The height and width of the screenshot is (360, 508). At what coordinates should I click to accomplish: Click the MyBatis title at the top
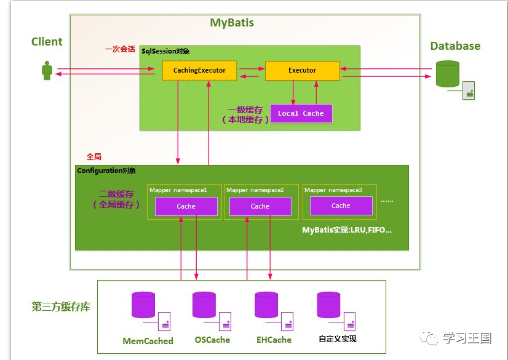tap(232, 23)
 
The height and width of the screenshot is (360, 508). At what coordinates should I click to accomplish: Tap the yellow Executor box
tap(302, 71)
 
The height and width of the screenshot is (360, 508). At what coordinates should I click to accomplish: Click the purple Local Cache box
tap(301, 113)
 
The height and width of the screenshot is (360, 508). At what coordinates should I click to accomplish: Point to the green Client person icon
tap(47, 70)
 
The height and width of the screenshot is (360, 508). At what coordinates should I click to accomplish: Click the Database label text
tap(455, 46)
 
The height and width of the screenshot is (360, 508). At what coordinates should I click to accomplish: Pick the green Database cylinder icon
tap(448, 74)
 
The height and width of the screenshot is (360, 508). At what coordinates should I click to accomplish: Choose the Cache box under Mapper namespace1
tap(186, 207)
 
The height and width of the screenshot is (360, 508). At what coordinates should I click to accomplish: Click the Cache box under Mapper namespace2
tap(260, 207)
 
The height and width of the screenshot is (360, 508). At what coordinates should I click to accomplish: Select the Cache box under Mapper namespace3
tap(341, 206)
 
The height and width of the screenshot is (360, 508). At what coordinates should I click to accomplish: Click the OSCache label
tap(212, 340)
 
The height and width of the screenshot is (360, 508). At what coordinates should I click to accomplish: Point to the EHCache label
tap(274, 340)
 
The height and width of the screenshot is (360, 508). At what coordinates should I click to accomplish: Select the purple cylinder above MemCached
tap(143, 305)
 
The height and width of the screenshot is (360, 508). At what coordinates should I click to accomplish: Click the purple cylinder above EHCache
tap(266, 305)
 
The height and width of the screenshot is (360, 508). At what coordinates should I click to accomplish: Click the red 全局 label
tap(94, 157)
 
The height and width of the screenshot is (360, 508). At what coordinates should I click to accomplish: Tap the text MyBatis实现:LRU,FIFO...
tap(347, 230)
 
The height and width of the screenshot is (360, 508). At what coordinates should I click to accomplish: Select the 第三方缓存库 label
tap(61, 306)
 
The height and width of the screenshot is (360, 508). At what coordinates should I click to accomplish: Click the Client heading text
tap(47, 42)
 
